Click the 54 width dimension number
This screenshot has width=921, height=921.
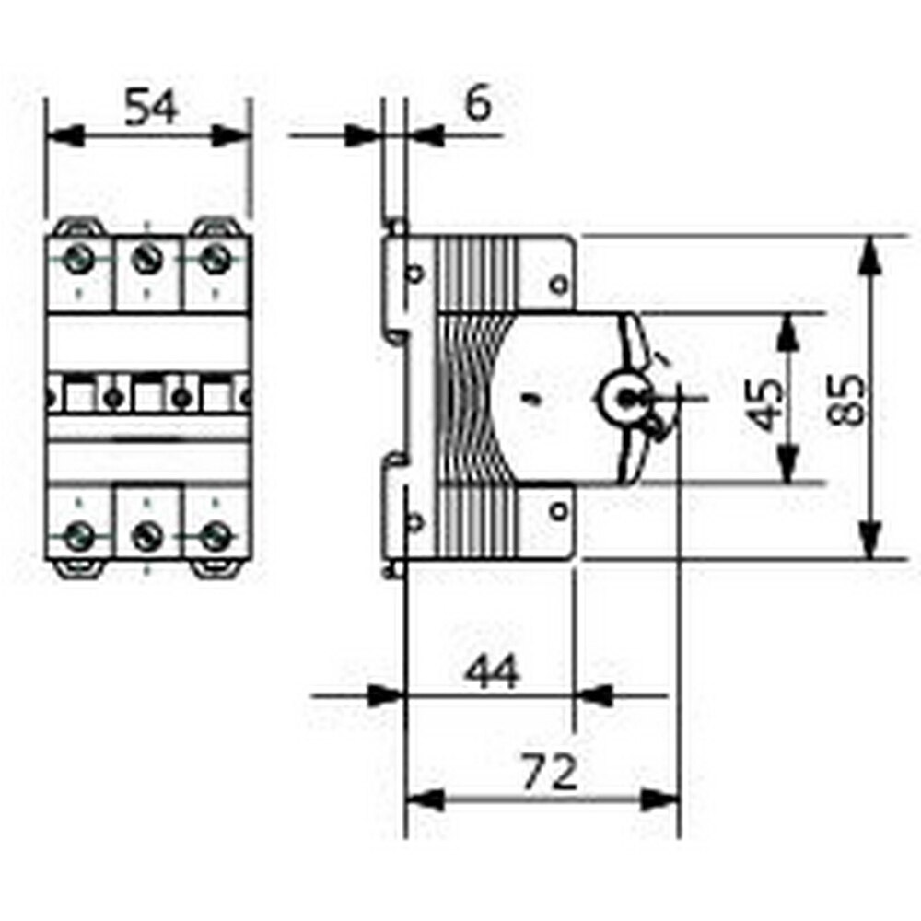tap(151, 108)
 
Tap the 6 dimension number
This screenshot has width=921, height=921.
tap(477, 105)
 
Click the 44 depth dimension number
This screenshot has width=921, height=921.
tap(491, 673)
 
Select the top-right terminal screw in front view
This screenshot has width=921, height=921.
tap(214, 259)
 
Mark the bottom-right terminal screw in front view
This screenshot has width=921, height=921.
tap(214, 535)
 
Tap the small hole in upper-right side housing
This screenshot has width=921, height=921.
tap(557, 284)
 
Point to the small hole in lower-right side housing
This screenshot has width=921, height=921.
tap(557, 509)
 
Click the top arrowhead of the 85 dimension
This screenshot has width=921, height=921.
tap(870, 253)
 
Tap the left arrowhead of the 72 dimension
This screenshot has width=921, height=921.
tap(424, 799)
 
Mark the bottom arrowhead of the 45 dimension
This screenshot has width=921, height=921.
tap(787, 466)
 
